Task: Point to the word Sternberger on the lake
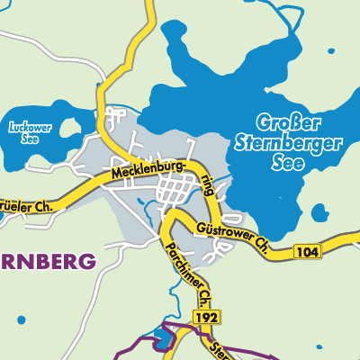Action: click(287, 141)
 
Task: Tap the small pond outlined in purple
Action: click(161, 339)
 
